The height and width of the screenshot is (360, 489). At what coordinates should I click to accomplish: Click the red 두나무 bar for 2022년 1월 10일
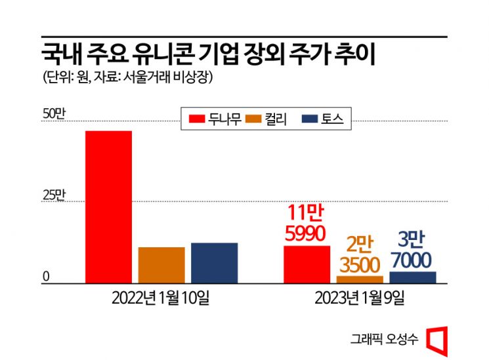(x=108, y=207)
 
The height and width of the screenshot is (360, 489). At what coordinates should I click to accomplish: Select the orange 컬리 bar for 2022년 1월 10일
(x=161, y=266)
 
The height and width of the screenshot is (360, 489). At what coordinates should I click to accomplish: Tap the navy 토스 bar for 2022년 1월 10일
(x=214, y=263)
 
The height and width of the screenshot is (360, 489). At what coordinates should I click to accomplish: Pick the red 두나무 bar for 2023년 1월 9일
(x=307, y=265)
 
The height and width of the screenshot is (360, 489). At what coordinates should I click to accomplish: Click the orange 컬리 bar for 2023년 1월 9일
(x=360, y=279)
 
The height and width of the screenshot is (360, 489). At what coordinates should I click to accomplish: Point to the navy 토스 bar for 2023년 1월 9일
(x=412, y=277)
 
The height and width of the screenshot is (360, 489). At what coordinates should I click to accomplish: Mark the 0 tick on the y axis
(x=47, y=277)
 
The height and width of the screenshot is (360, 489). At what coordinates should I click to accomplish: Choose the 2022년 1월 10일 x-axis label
(x=161, y=298)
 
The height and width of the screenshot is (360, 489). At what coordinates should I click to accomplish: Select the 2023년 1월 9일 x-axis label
(x=360, y=298)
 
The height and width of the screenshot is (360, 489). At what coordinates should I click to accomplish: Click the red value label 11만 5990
(x=307, y=223)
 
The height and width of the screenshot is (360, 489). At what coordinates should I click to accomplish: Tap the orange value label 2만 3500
(x=360, y=255)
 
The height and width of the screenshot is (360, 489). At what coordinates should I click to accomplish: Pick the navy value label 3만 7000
(x=412, y=250)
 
